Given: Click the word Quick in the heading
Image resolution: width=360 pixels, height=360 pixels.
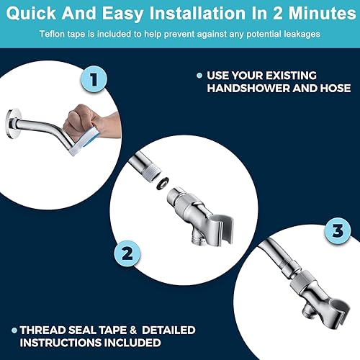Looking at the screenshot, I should (x=35, y=14).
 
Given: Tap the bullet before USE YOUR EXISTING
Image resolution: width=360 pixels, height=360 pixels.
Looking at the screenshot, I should (x=198, y=76).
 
